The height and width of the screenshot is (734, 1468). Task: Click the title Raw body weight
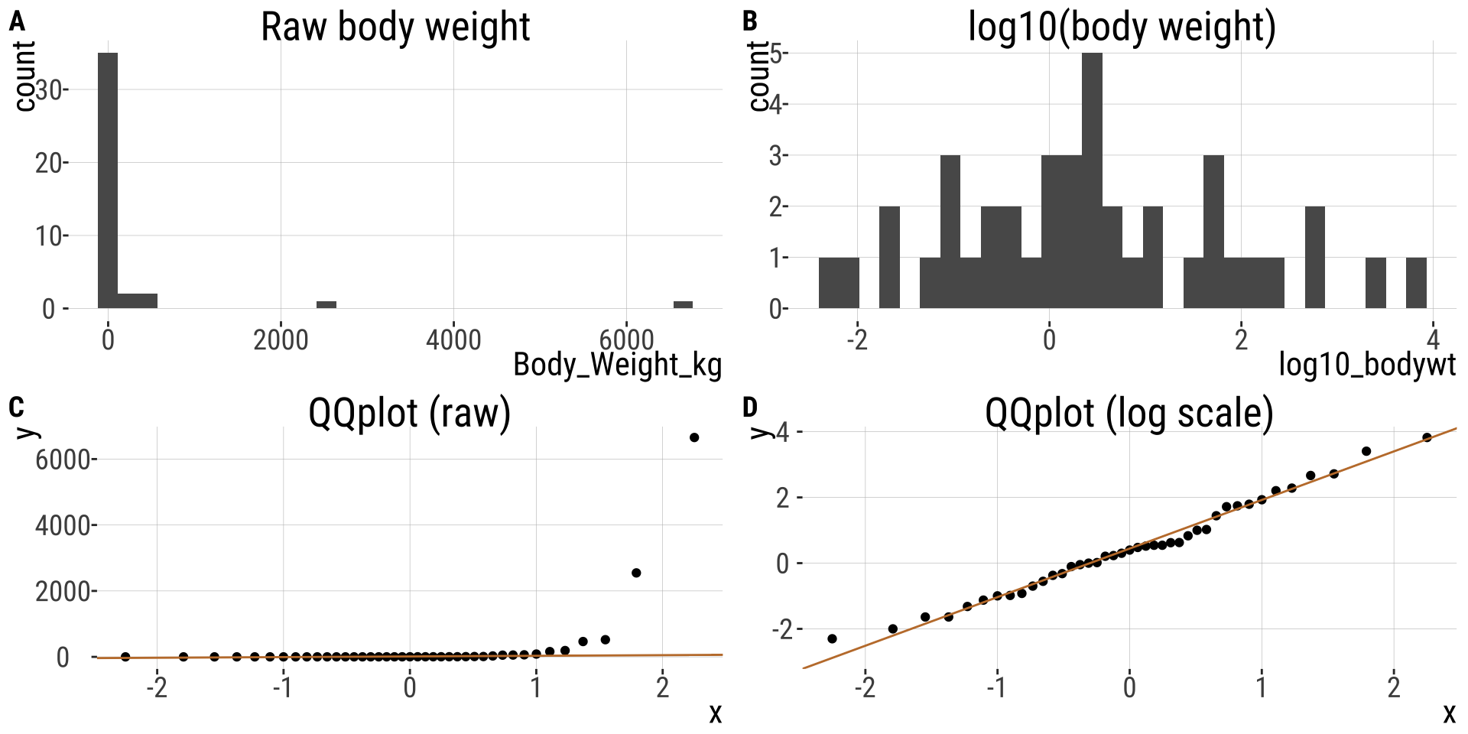click(x=395, y=28)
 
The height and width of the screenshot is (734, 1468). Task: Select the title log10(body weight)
click(x=1122, y=28)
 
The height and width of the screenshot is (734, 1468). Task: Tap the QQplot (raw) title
click(x=409, y=414)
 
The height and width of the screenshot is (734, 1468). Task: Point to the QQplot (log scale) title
click(x=1129, y=414)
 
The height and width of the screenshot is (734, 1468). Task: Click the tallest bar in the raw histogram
click(x=108, y=180)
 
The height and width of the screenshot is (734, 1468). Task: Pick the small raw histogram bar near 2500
click(x=326, y=304)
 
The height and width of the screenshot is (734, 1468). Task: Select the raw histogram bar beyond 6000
click(x=683, y=304)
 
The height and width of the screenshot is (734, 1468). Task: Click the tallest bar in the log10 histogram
click(x=1093, y=180)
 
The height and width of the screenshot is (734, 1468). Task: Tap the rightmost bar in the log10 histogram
click(x=1416, y=283)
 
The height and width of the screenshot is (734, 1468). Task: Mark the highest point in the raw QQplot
click(x=694, y=437)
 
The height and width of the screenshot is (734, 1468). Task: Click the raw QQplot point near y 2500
click(x=636, y=573)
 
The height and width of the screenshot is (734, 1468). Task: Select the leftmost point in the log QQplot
click(x=832, y=638)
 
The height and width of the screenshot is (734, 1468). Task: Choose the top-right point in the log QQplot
click(x=1427, y=437)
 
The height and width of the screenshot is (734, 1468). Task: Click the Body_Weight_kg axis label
click(x=617, y=365)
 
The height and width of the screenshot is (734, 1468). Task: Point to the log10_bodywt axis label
click(x=1367, y=365)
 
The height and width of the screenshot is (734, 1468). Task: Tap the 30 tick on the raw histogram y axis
click(x=49, y=91)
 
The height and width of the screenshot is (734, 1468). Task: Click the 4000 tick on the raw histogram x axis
click(x=453, y=340)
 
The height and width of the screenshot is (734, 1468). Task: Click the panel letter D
click(x=750, y=408)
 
